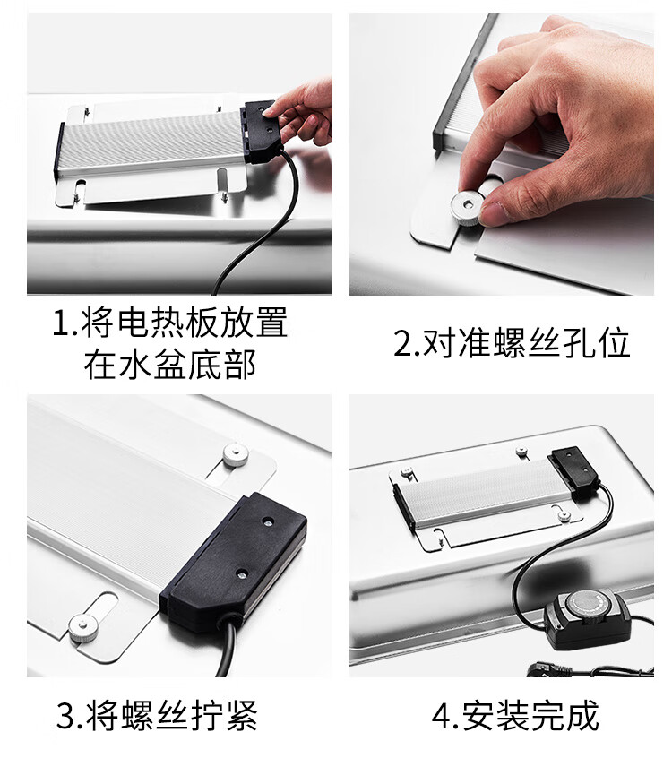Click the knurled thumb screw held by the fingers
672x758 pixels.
point(468,207)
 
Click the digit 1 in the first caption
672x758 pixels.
point(62,323)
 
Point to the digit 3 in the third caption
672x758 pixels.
point(66,717)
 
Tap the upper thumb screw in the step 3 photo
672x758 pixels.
point(236,455)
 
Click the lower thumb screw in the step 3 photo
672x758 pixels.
point(82,628)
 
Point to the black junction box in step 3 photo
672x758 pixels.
point(233,562)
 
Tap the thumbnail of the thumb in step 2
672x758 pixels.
point(491,213)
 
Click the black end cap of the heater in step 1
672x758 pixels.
point(59,151)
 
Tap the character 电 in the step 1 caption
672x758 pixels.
point(132,323)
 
